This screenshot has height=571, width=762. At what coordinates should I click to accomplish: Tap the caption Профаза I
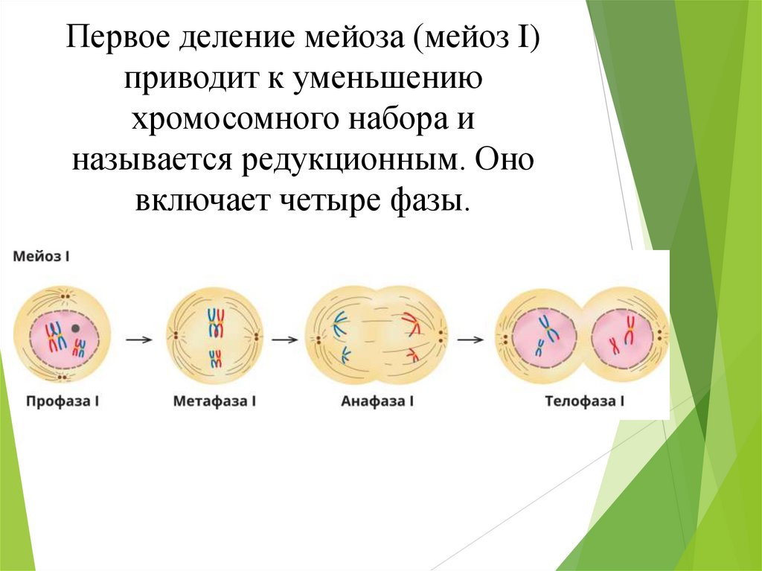coord(63,401)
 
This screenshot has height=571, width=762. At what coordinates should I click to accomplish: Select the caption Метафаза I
coord(214,401)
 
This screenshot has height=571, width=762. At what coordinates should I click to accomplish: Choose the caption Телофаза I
coord(584,401)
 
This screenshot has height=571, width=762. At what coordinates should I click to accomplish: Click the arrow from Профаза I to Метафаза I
coord(139,339)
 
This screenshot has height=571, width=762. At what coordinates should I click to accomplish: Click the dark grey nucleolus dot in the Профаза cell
coord(75,328)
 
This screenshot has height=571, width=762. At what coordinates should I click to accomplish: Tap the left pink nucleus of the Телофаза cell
coord(543,335)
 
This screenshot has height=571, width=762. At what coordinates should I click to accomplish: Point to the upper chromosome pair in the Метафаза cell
coord(216,322)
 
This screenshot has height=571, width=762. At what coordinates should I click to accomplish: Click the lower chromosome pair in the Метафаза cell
coord(216,357)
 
